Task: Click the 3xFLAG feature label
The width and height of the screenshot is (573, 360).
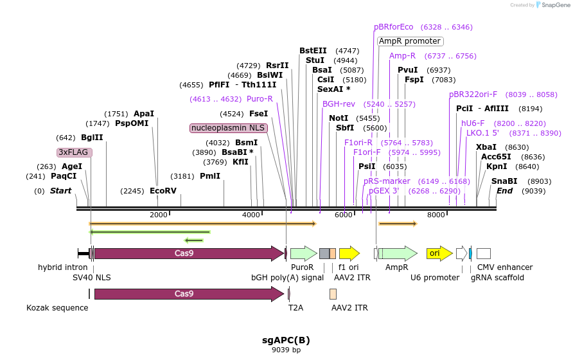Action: pos(75,152)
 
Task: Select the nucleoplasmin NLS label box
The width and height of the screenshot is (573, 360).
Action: pos(229,128)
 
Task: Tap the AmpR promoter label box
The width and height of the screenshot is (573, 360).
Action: pos(410,41)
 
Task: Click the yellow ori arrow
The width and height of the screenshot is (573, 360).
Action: pos(439,253)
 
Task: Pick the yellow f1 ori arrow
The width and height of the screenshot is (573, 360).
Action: pos(349,253)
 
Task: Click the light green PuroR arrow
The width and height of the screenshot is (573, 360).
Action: pos(304,253)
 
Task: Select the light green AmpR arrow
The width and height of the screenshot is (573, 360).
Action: pos(398,253)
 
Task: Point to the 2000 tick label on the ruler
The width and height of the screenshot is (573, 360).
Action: pos(158,215)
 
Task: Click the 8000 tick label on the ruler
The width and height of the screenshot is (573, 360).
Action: pos(436,215)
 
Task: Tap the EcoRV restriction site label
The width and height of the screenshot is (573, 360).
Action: pos(163,191)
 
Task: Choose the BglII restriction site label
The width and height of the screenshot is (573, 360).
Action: pos(92,138)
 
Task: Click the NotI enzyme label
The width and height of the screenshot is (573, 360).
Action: pos(339,118)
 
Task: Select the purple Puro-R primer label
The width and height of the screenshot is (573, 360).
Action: pos(260,99)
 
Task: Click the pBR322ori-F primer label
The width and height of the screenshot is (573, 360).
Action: pos(473,94)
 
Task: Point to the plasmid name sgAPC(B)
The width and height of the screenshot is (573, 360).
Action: pos(286,340)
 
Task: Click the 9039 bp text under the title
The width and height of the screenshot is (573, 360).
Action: pos(286,350)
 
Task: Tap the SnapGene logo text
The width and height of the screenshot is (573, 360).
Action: pos(556,5)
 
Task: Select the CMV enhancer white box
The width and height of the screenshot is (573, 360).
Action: pos(484,253)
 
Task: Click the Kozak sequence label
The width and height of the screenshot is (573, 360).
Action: pos(57,308)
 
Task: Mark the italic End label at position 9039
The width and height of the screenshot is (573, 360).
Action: pos(504,191)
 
